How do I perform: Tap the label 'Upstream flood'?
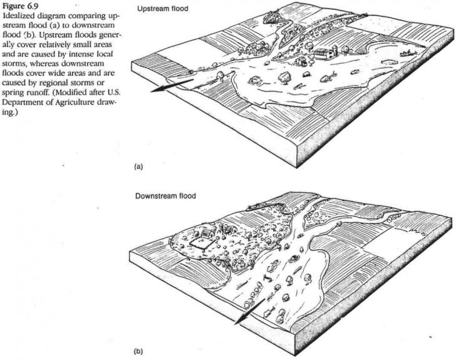pyautogui.click(x=163, y=9)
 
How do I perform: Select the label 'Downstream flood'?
pyautogui.click(x=165, y=196)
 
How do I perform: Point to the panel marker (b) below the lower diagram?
pyautogui.click(x=138, y=352)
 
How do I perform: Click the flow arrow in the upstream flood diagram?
pyautogui.click(x=172, y=85)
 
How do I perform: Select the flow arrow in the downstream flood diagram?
pyautogui.click(x=249, y=311)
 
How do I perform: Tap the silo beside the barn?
pyautogui.click(x=336, y=50)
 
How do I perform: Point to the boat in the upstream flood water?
pyautogui.click(x=407, y=53)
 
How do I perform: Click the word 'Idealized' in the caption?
pyautogui.click(x=16, y=16)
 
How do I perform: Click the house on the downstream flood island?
pyautogui.click(x=207, y=233)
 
